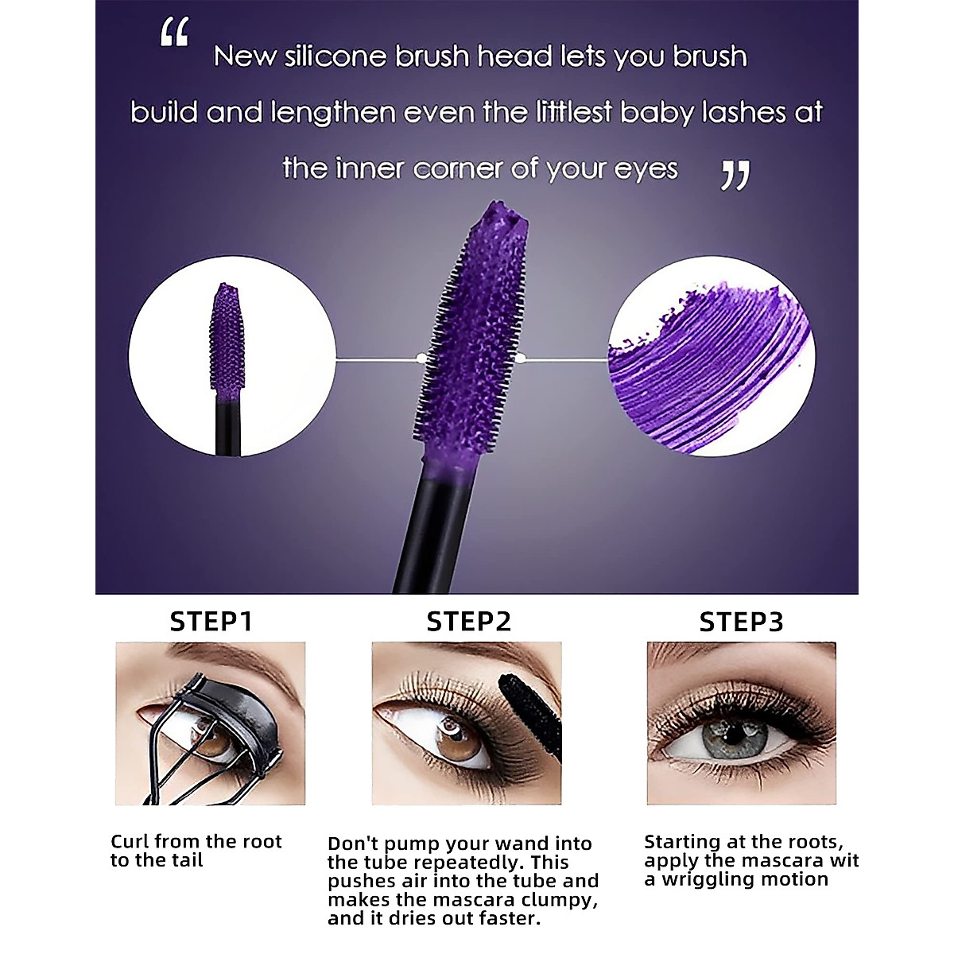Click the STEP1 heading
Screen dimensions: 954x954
click(211, 622)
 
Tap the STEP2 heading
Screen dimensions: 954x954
click(469, 622)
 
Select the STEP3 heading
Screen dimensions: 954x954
click(741, 622)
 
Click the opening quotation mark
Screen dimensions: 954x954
click(174, 33)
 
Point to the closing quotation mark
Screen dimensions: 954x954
click(735, 175)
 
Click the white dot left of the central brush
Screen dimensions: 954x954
click(421, 359)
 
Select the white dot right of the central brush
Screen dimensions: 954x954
click(521, 359)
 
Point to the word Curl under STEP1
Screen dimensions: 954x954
click(130, 842)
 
